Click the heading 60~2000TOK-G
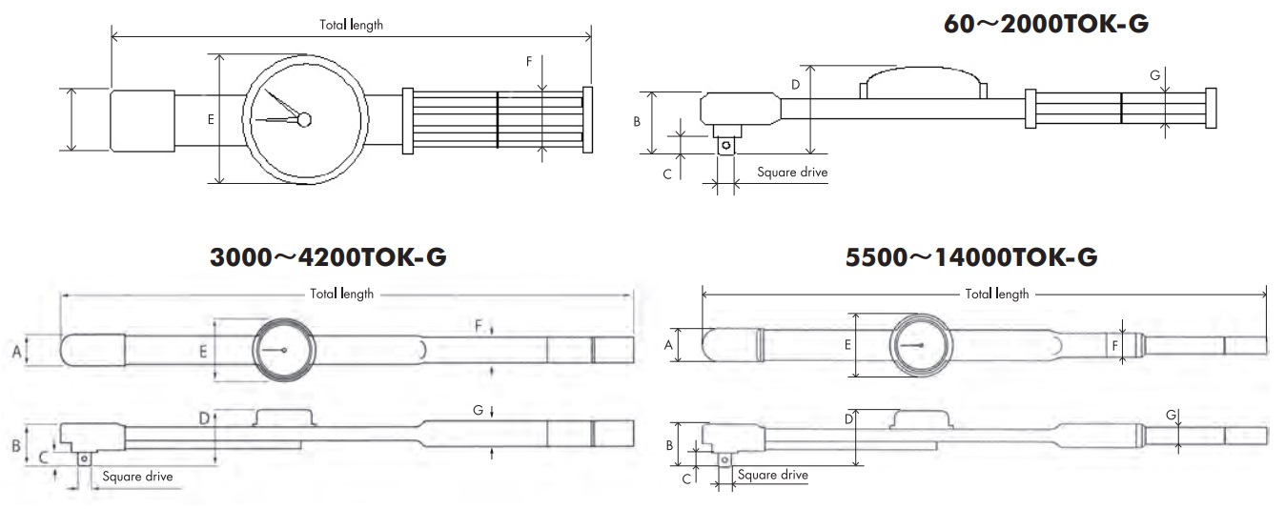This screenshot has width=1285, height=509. pos(1045,25)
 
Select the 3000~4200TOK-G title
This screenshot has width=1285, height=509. pos(328,257)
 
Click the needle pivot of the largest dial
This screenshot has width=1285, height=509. pos(304,119)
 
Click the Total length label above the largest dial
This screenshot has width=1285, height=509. pos(351,25)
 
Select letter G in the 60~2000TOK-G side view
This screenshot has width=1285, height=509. pos(1155,74)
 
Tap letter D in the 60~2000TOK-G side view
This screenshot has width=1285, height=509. pos(796,85)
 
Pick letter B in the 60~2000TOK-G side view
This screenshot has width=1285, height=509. pos(638,122)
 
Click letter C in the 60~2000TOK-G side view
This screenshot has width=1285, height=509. pos(667,173)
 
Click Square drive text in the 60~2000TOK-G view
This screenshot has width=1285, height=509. pos(792,173)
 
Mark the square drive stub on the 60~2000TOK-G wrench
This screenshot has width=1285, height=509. pos(727,144)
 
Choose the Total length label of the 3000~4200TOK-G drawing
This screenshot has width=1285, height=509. pos(341,294)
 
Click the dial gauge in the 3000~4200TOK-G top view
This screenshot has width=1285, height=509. pos(283,350)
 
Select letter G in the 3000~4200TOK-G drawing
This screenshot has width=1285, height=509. pos(478,410)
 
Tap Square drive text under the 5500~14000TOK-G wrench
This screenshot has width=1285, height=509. pos(773,475)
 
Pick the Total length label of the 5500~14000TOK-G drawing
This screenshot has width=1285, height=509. pos(997,294)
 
